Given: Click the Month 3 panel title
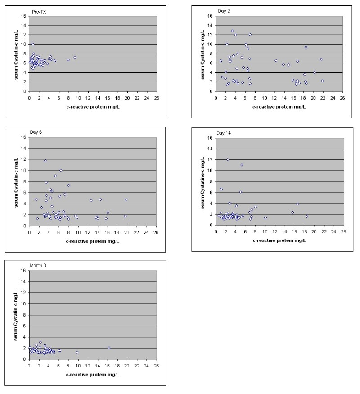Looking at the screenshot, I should [40, 265].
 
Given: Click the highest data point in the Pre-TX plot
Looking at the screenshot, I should [33, 44].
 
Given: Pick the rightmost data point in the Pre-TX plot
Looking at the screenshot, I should [75, 58].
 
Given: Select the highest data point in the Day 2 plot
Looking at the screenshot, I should [233, 31].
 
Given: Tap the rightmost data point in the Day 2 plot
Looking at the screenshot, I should [323, 81].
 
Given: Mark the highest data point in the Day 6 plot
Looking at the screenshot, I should [45, 161].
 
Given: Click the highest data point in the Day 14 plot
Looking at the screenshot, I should [228, 159].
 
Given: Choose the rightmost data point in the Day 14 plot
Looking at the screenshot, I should [307, 217].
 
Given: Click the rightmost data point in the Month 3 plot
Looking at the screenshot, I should [109, 348].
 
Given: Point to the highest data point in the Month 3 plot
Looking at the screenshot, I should [40, 343].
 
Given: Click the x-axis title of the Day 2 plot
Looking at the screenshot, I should [279, 107].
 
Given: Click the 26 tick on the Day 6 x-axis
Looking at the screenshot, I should [155, 232].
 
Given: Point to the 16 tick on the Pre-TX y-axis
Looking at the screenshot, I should [24, 16].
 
